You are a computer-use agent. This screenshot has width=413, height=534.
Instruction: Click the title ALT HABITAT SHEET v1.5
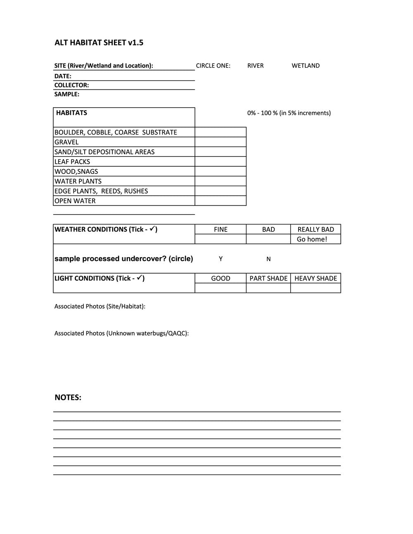pyautogui.click(x=99, y=43)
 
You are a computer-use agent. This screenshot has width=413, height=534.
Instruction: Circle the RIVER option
pyautogui.click(x=255, y=66)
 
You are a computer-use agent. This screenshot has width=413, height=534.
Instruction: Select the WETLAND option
pyautogui.click(x=305, y=66)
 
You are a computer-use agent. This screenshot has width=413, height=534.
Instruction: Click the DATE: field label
pyautogui.click(x=63, y=76)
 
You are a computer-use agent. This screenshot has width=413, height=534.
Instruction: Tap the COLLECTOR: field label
pyautogui.click(x=71, y=85)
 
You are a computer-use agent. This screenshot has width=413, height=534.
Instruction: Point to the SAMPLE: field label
pyautogui.click(x=66, y=95)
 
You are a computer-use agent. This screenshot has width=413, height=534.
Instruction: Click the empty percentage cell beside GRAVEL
pyautogui.click(x=221, y=142)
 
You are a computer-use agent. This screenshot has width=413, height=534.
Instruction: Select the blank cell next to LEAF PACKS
pyautogui.click(x=221, y=162)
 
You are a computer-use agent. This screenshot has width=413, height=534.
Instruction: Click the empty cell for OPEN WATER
pyautogui.click(x=221, y=201)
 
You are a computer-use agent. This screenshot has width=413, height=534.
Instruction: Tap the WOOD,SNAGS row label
pyautogui.click(x=76, y=172)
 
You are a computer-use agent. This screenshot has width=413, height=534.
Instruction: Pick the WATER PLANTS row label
pyautogui.click(x=78, y=182)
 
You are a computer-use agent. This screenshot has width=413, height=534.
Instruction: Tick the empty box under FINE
pyautogui.click(x=221, y=239)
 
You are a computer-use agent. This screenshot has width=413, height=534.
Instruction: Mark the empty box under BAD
pyautogui.click(x=268, y=239)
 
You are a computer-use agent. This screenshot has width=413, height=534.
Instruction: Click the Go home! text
pyautogui.click(x=312, y=239)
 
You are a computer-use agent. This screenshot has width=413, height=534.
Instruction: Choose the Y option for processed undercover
pyautogui.click(x=221, y=259)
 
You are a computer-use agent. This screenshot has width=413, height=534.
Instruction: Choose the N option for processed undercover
pyautogui.click(x=268, y=259)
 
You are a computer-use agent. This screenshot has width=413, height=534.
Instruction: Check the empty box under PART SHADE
pyautogui.click(x=268, y=288)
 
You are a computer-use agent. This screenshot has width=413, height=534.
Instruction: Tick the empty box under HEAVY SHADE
pyautogui.click(x=316, y=288)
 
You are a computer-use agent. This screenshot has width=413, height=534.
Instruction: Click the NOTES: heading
pyautogui.click(x=68, y=398)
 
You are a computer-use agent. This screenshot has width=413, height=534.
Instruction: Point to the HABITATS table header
pyautogui.click(x=71, y=113)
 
